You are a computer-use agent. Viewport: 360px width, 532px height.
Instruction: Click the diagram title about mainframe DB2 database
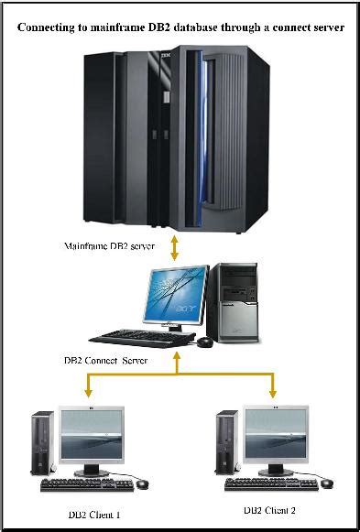[x=180, y=28]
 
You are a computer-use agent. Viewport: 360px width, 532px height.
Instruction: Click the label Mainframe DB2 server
[x=108, y=247]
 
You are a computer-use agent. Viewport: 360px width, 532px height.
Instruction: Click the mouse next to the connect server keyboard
[x=205, y=341]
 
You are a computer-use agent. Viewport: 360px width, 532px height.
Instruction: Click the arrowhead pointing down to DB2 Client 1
[x=89, y=396]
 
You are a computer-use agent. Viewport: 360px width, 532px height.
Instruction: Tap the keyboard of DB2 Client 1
[x=86, y=483]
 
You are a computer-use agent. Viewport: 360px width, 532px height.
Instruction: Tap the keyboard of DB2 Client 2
[x=269, y=483]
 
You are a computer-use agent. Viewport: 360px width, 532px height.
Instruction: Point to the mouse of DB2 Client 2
[x=323, y=483]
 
